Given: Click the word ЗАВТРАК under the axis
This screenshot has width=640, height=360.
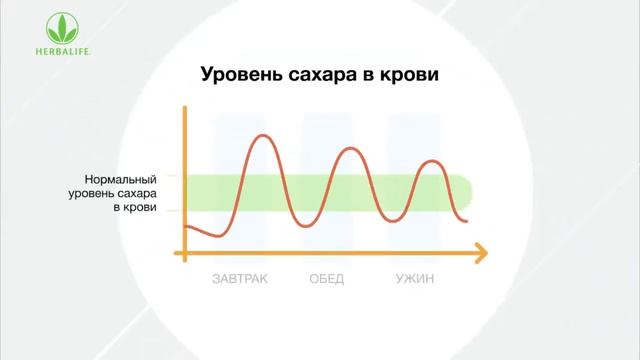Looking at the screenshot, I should [240, 279].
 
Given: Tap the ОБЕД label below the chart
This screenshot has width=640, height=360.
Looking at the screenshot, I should [326, 279].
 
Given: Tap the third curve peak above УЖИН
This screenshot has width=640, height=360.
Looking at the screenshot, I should [431, 161].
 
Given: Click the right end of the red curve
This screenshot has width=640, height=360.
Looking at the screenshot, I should [467, 219].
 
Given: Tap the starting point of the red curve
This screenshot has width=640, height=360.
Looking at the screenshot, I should [186, 227].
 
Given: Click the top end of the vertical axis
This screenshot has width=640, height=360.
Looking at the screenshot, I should [185, 105].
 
